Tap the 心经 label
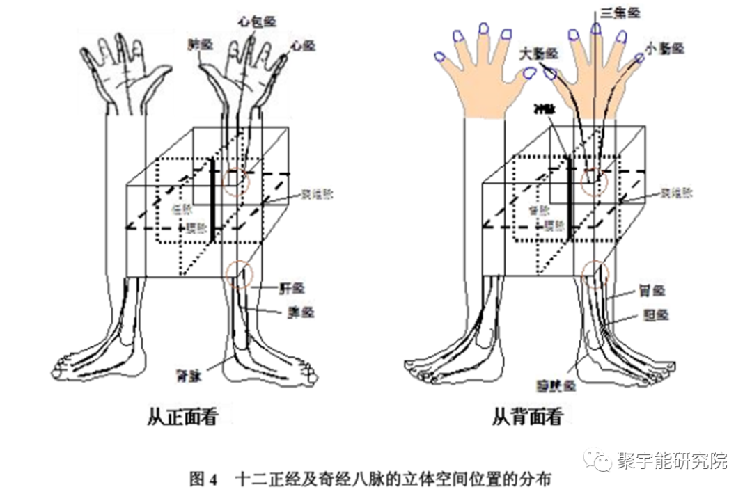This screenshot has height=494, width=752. (303, 45)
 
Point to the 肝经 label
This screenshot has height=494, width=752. (292, 287)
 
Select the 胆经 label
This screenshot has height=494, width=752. (655, 314)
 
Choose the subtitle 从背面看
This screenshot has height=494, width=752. (527, 417)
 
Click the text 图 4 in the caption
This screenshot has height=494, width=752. (203, 479)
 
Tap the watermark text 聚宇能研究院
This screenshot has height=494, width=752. (671, 461)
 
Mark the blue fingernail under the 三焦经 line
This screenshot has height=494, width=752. (596, 29)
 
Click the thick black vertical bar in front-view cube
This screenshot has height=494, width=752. (212, 202)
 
